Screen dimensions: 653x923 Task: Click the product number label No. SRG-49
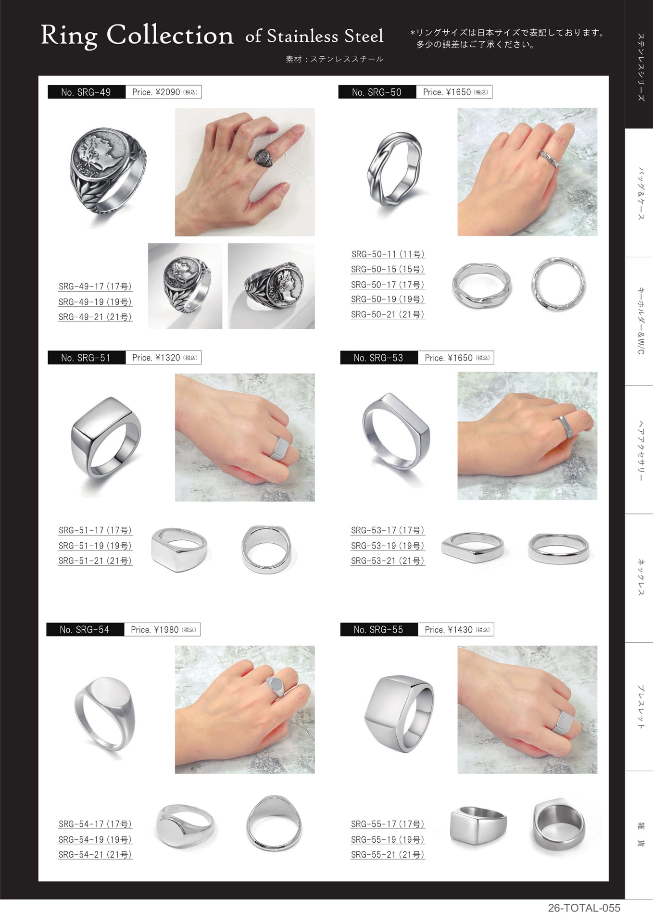86,92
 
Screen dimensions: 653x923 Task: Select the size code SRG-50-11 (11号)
388,254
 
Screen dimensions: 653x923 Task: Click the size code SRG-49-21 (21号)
95,317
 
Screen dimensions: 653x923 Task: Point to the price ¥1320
167,358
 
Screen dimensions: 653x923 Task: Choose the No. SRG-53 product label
378,358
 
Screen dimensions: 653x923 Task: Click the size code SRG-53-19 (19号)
388,546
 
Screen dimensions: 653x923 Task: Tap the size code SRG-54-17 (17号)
95,824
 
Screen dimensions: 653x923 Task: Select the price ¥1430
460,630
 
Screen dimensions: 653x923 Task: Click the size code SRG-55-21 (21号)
388,855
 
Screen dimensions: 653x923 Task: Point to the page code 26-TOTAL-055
584,908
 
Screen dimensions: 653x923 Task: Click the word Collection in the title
170,35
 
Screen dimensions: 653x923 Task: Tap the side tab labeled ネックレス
640,577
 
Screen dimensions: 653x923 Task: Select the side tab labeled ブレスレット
640,707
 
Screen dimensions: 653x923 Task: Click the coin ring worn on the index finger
264,158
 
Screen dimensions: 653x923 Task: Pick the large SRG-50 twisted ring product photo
394,169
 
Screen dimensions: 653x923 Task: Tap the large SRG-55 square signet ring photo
399,713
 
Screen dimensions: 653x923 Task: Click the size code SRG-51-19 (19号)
95,546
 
